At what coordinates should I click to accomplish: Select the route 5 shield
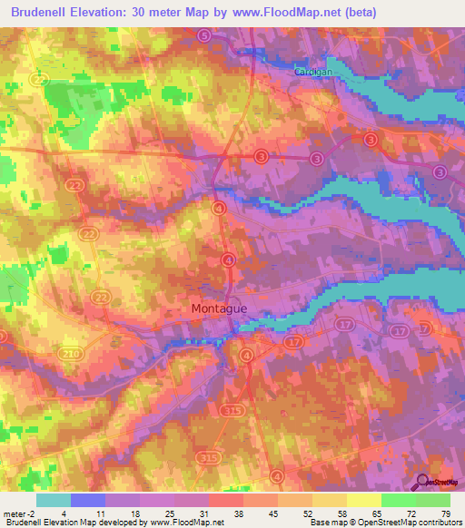pos(203,35)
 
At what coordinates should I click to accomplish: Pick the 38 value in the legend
pos(237,513)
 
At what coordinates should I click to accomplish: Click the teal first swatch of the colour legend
pos(54,500)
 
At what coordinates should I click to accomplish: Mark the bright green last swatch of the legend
pos(433,500)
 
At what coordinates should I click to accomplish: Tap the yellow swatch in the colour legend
pos(364,500)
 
